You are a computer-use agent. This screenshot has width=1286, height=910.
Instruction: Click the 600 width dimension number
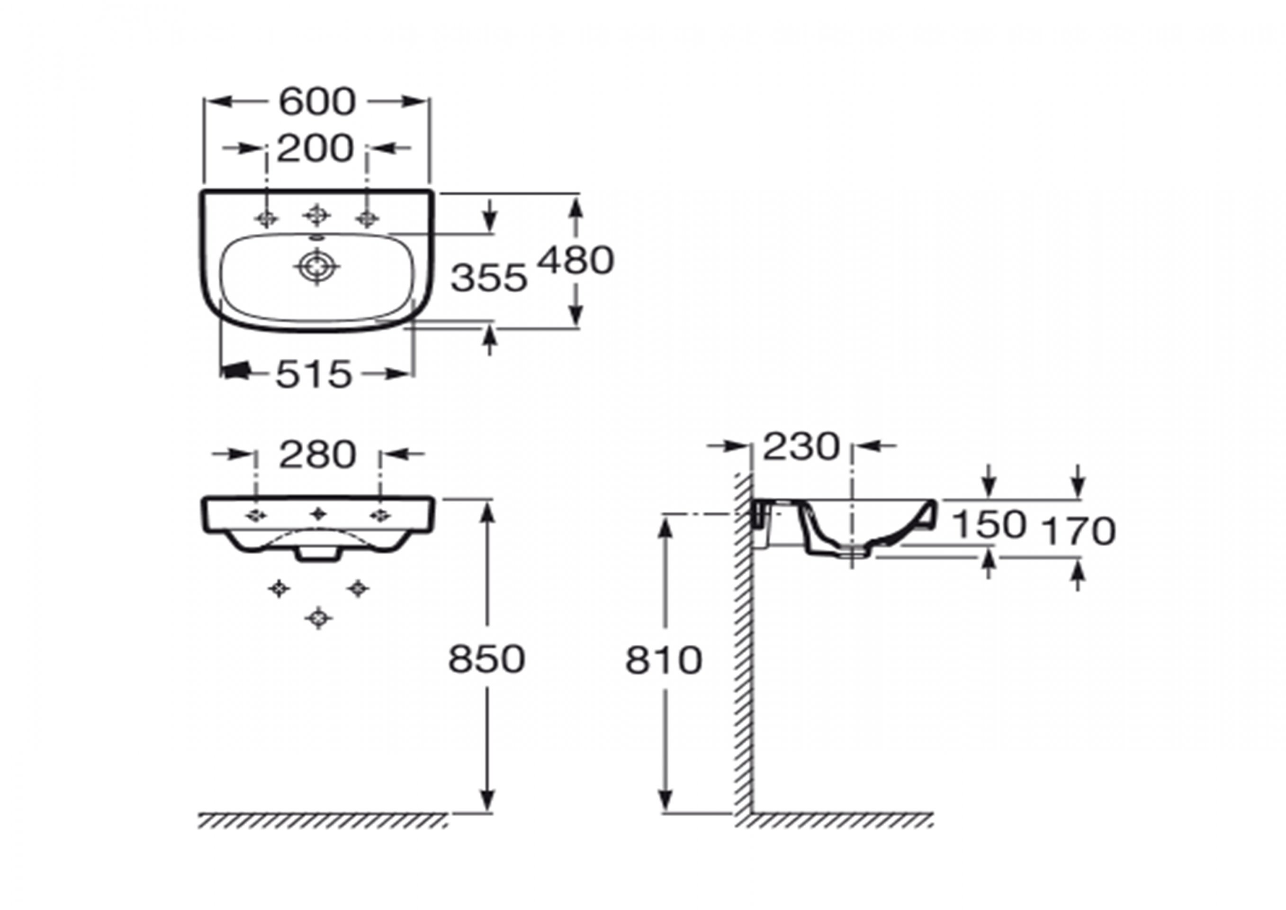point(317,102)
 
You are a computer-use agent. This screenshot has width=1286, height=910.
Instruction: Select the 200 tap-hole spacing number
point(315,148)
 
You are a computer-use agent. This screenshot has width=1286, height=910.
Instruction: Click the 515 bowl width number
point(314,374)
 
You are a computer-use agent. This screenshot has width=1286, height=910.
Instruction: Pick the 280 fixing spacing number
point(317,455)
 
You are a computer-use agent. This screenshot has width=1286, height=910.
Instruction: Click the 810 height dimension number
point(664,660)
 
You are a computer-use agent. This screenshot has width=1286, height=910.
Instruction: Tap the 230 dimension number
point(801,446)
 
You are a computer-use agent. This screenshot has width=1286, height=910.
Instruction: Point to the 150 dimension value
point(989,525)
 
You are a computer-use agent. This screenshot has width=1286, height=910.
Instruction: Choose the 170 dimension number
point(1079,531)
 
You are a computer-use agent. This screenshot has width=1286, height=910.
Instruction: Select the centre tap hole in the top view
point(316,215)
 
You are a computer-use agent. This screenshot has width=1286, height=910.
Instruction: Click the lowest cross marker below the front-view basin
point(318,618)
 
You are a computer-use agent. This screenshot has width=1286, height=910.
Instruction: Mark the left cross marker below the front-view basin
point(279,588)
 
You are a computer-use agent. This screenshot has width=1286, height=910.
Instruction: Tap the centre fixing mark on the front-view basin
point(318,513)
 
